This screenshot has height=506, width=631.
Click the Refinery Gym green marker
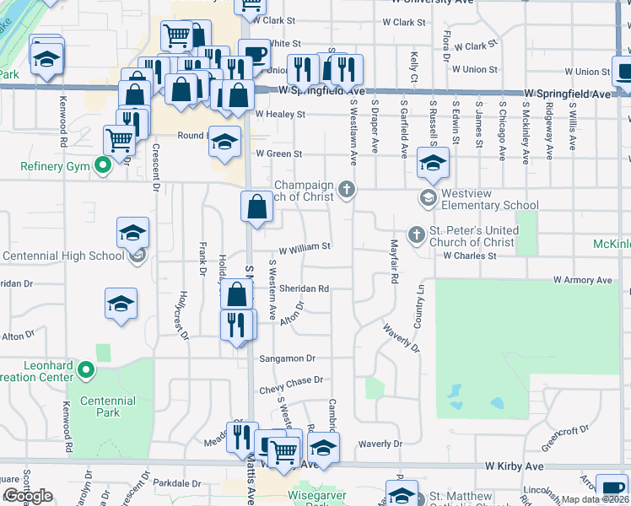pos(103,166)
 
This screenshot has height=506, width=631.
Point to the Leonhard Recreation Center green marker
pos(85,369)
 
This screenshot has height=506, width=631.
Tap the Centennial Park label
pos(108,406)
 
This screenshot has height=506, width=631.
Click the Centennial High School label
pos(64,256)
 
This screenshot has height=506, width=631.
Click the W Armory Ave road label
pos(582,280)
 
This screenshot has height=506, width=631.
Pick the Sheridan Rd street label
pos(305,288)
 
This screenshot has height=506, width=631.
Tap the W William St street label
pos(305,247)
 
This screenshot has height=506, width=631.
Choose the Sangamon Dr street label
pos(287,358)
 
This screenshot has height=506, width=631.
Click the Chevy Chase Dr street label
pos(291,380)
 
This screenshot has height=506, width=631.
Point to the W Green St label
pos(278,153)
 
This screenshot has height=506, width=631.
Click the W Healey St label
pos(278,114)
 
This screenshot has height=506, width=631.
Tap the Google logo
pos(28,496)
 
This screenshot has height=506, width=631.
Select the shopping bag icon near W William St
pos(256,206)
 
